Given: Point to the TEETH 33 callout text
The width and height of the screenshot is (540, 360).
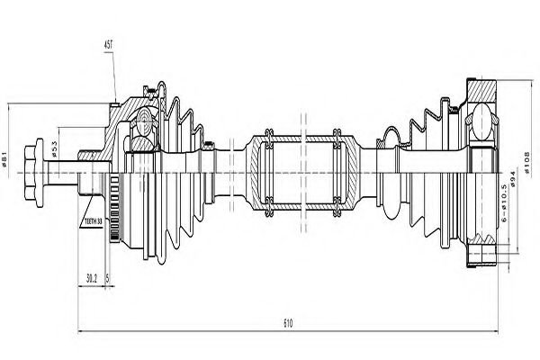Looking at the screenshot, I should click(x=94, y=220).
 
